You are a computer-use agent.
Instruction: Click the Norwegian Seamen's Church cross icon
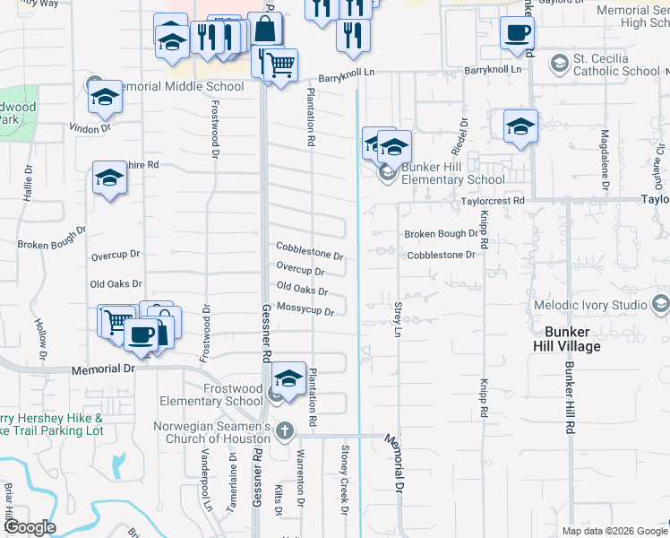[285, 431]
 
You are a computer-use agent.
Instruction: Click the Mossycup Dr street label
[305, 310]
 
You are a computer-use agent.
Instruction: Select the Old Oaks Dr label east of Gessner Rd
[302, 289]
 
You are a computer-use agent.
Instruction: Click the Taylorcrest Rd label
[493, 200]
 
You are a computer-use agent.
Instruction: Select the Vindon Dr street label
[89, 128]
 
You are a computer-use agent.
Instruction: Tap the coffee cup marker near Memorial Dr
[140, 335]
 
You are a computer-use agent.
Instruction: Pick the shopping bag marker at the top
[266, 30]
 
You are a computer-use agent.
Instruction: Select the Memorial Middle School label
[179, 87]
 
